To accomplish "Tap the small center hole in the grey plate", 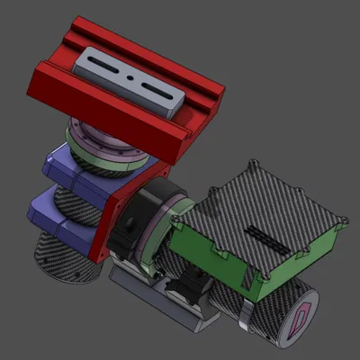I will tap(131, 79).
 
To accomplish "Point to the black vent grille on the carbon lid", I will tap(266, 238).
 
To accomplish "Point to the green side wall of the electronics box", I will tap(216, 261).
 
